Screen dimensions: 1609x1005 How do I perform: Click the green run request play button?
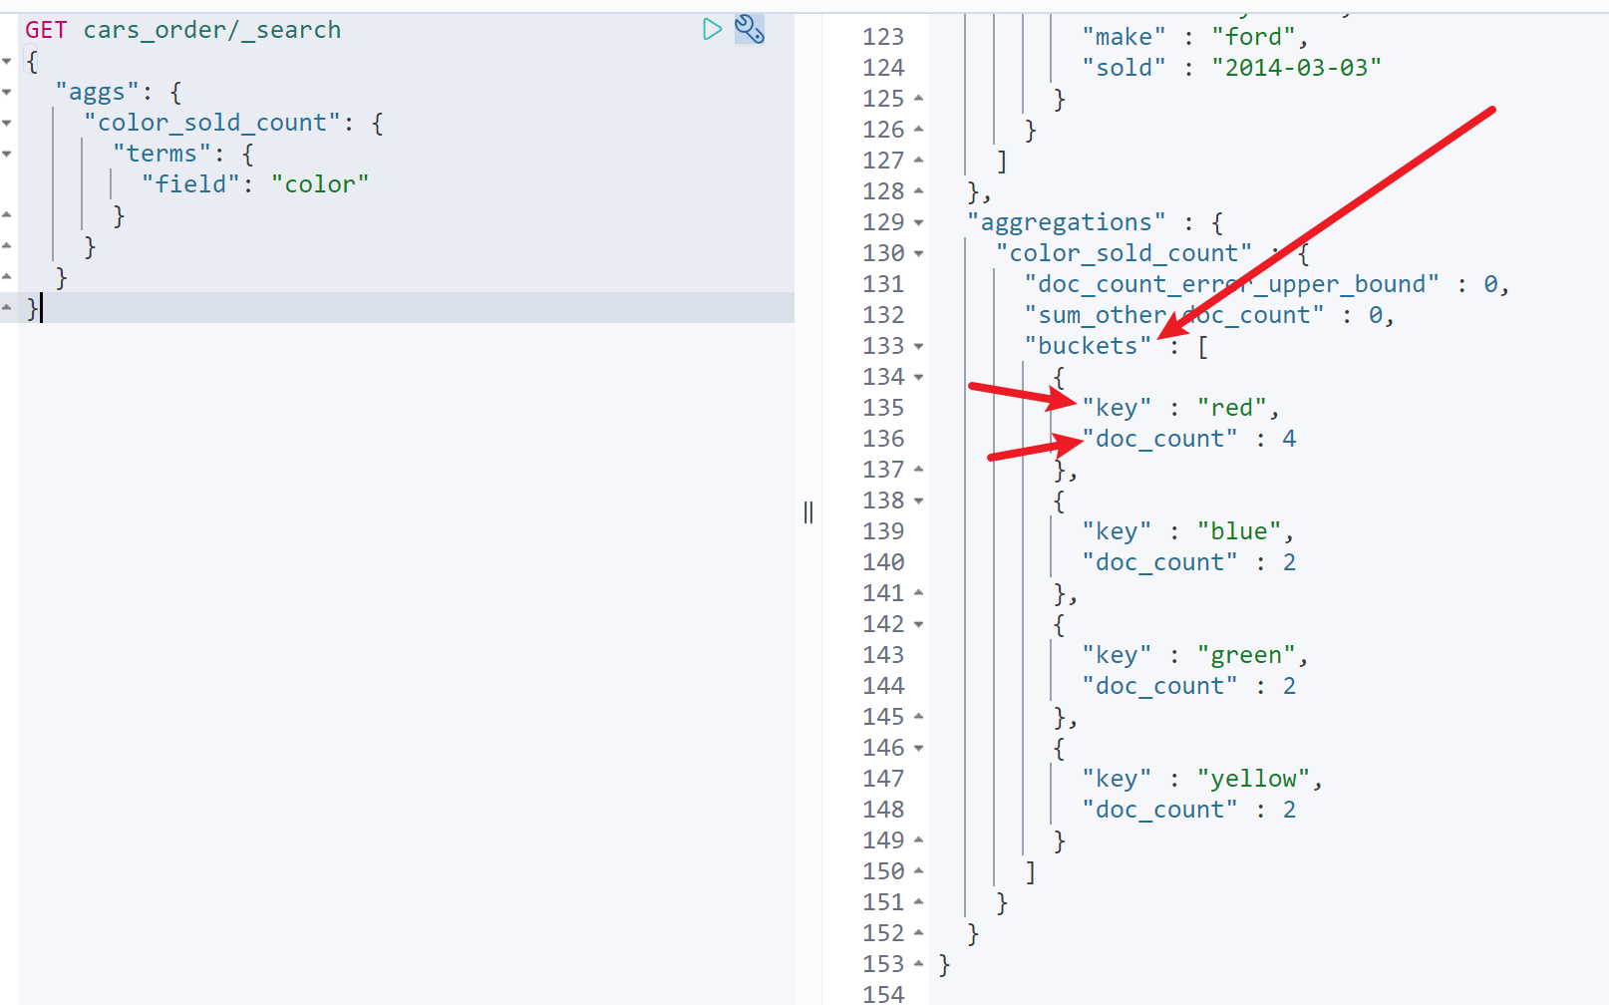pos(711,30)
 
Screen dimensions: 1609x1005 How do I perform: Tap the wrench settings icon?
pos(750,30)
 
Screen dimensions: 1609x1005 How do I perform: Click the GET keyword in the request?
pos(46,30)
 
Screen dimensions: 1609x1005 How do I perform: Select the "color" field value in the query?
pos(320,184)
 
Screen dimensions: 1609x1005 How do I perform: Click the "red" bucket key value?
pos(1231,408)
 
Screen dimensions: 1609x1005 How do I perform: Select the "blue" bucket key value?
pos(1238,531)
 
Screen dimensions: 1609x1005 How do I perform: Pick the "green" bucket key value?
pos(1245,655)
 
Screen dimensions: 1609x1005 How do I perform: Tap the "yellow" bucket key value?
pos(1253,779)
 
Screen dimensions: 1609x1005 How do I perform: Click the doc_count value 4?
pos(1289,439)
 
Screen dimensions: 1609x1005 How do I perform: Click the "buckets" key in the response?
pos(1088,346)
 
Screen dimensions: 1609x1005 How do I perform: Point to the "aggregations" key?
pos(1066,222)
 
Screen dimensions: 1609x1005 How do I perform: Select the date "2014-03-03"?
pos(1296,68)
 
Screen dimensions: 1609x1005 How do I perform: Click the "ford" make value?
pos(1253,37)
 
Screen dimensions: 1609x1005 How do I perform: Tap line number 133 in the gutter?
pos(883,346)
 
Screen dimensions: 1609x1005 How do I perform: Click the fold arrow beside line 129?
pos(919,222)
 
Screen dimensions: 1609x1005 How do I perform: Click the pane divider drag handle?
pos(808,512)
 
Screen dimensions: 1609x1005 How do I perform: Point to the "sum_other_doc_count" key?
pos(1173,315)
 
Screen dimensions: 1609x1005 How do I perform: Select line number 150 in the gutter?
pos(883,871)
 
